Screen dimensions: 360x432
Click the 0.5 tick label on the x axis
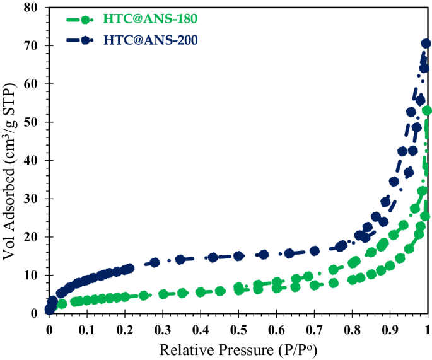(238, 329)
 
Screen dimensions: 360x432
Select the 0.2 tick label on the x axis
(125, 329)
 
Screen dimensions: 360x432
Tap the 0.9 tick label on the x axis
(390, 329)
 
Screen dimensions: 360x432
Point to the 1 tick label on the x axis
(428, 329)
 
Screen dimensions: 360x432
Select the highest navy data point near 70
(426, 44)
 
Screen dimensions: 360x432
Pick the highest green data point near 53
(427, 110)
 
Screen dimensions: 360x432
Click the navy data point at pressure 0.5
(238, 256)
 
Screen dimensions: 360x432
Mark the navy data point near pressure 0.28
(155, 262)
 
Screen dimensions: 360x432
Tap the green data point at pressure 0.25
(144, 295)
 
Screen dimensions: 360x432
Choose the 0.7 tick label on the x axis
(314, 329)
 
